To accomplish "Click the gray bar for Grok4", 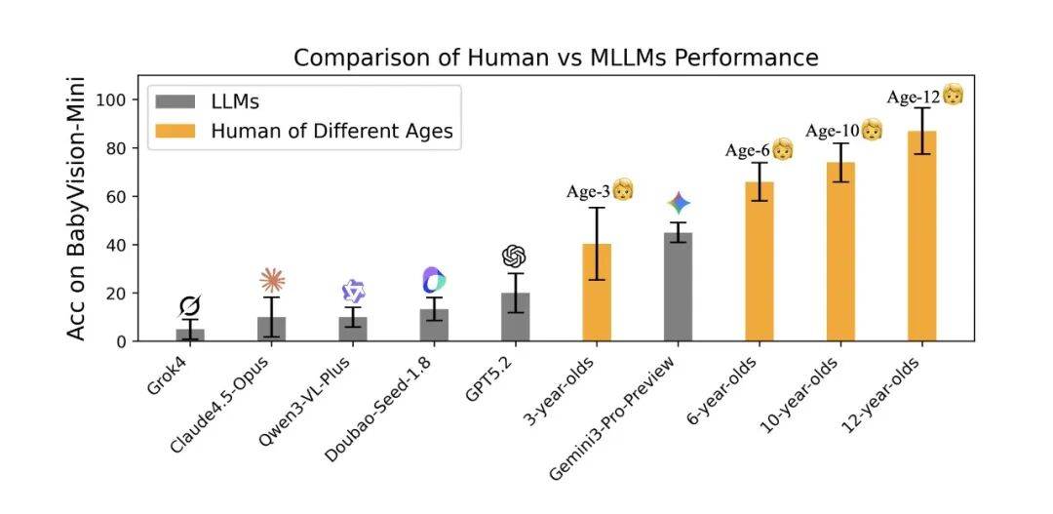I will tap(190, 335).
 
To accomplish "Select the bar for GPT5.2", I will tap(516, 317).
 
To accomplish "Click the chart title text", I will tap(556, 58).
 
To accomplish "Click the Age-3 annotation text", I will tap(588, 192).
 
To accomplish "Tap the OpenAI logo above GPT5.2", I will tap(515, 256).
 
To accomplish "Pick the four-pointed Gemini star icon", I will tap(680, 203).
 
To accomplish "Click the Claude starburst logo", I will tap(272, 281).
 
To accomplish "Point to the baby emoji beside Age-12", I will tap(954, 95).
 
